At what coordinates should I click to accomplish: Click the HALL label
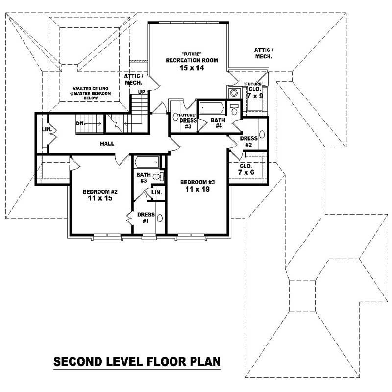coord(106,144)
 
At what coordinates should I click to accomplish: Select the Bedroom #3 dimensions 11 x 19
coord(197,189)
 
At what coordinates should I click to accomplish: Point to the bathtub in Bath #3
coord(147,162)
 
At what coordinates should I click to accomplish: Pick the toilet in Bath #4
coord(234,109)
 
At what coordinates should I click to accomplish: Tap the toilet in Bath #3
coord(157,176)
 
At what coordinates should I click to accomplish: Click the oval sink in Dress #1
coord(159,219)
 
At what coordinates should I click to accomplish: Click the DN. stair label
coord(81,123)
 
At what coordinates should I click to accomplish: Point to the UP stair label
coord(141,92)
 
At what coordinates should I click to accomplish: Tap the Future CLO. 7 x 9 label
coord(255,92)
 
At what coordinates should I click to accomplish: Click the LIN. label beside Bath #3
coord(156,193)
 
